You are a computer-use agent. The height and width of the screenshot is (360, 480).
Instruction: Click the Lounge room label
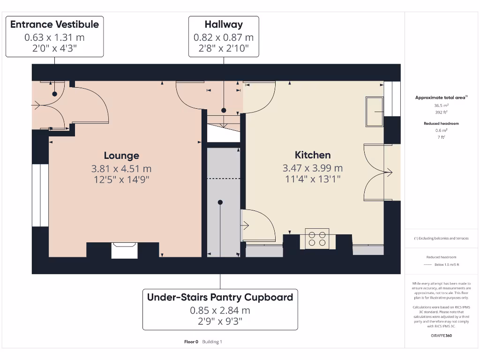[x=121, y=156]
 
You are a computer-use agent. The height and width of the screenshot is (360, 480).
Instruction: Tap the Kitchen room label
[x=313, y=155]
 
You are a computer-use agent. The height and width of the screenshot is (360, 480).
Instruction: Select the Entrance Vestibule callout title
[x=54, y=24]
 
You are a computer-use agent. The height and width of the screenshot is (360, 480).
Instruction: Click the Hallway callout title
[x=224, y=24]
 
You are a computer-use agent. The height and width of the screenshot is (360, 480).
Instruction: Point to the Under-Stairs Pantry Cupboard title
[x=220, y=297]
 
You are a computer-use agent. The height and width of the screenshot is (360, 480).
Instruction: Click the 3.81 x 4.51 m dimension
[x=121, y=169]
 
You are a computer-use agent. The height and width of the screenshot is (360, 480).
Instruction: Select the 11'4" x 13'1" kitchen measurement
[x=313, y=179]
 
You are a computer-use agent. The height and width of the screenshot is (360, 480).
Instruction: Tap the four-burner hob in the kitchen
[x=317, y=239]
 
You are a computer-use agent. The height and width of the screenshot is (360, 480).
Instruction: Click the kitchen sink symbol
[x=374, y=112]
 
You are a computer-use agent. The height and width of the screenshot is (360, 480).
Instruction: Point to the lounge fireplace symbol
[x=124, y=250]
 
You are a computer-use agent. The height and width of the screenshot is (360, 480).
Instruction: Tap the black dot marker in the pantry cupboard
[x=220, y=202]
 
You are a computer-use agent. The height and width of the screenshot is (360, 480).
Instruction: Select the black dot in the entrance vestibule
[x=55, y=94]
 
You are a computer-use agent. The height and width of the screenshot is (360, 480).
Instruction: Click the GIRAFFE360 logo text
[x=441, y=336]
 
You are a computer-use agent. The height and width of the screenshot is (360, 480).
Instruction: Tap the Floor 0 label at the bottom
[x=191, y=342]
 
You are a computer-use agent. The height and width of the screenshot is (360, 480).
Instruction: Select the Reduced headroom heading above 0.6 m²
[x=441, y=124]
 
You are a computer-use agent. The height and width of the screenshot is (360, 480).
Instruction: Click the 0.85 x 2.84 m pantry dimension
[x=220, y=310]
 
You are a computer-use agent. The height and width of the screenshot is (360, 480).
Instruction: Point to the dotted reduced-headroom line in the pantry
[x=224, y=179]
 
